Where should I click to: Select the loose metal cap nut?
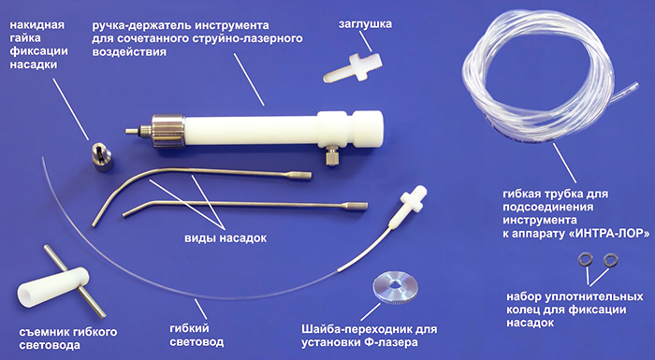(x=101, y=156)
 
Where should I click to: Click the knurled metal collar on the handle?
(x=167, y=131)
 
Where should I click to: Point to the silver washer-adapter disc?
(x=393, y=287)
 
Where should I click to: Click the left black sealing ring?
(x=585, y=260)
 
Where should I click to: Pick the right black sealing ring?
(x=611, y=260)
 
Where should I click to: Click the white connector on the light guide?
(x=413, y=201)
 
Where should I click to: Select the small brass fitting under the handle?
(x=332, y=154)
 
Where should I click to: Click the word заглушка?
(x=366, y=23)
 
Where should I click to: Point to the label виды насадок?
(x=226, y=238)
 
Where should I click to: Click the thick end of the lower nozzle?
(x=355, y=206)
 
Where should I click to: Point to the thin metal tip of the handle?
(x=132, y=131)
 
